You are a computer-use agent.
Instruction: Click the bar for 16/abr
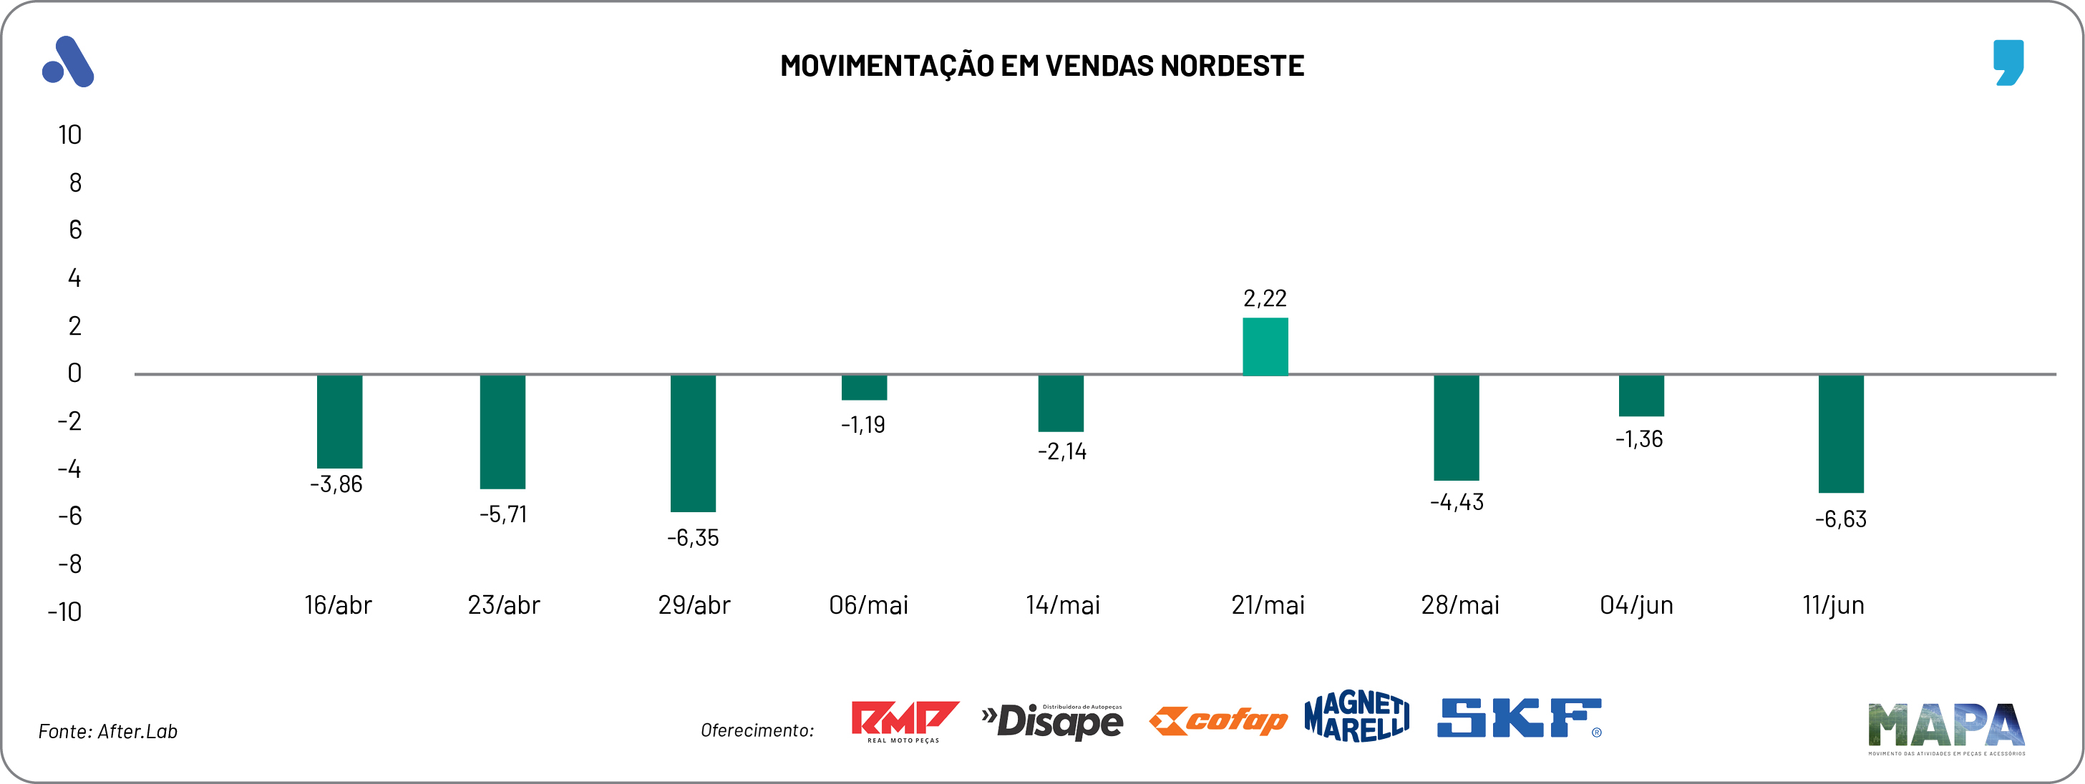(x=339, y=421)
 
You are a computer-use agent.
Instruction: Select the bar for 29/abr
(x=693, y=444)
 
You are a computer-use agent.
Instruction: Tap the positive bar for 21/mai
(x=1265, y=346)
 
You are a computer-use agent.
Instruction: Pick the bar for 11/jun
(x=1840, y=433)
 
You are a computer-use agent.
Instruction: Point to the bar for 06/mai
(x=864, y=388)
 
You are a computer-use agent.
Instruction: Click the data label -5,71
(x=502, y=514)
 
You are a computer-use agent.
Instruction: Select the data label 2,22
(x=1264, y=298)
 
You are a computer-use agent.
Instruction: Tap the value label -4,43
(x=1456, y=502)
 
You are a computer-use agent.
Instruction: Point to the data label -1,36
(x=1639, y=439)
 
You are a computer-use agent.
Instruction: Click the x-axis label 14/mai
(x=1062, y=605)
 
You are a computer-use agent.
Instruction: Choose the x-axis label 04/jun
(x=1636, y=605)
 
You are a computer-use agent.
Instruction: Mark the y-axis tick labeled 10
(x=69, y=135)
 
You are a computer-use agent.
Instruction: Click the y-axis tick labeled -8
(x=69, y=564)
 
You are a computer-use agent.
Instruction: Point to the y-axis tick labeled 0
(x=74, y=373)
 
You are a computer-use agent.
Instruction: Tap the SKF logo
(x=1518, y=718)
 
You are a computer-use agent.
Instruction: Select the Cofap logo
(x=1218, y=720)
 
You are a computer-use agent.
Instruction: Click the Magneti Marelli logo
(x=1356, y=716)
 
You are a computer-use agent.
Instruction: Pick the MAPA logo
(x=1945, y=727)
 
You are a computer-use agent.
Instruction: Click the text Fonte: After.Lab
(x=107, y=731)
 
